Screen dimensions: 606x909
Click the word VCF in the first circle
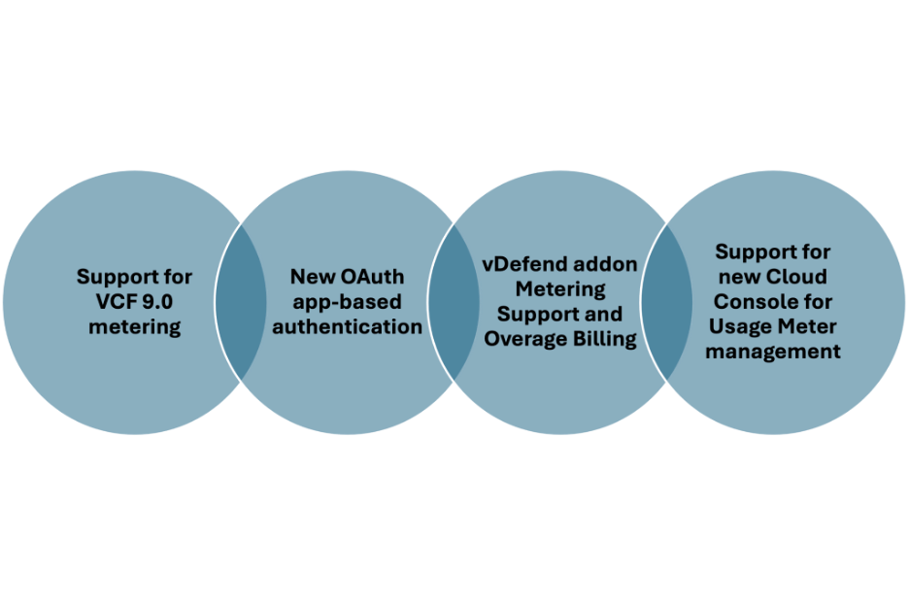pos(106,302)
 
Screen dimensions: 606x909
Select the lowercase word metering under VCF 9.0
pos(134,327)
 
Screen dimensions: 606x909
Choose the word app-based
pos(347,302)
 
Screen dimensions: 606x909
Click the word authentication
pos(347,327)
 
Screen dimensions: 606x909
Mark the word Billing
pos(607,339)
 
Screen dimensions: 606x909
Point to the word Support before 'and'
pos(532,314)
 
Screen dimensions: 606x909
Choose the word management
pos(773,352)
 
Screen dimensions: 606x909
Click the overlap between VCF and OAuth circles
pos(241,301)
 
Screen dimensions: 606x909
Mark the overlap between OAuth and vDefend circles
pos(454,301)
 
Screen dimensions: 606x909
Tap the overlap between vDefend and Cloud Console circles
pos(665,301)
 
